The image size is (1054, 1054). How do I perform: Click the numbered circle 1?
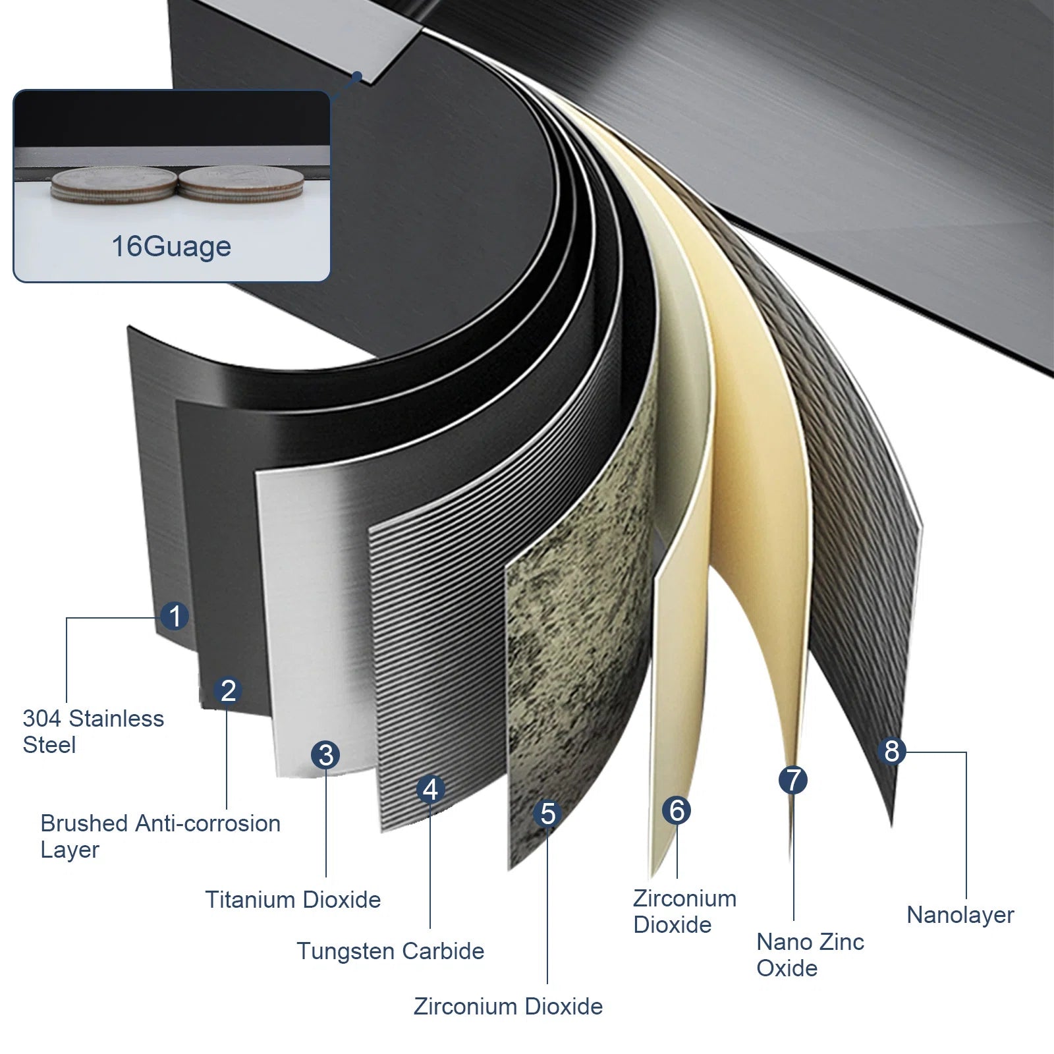click(x=175, y=617)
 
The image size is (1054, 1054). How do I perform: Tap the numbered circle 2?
click(x=228, y=690)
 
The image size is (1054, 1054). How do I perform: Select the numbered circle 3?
click(x=326, y=755)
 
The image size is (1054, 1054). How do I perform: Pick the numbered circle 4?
click(x=430, y=789)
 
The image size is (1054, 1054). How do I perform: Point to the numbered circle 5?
click(x=547, y=814)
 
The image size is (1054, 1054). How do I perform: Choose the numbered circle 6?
click(x=677, y=810)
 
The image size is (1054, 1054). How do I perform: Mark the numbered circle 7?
click(x=793, y=781)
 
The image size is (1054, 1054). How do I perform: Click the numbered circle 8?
click(x=891, y=751)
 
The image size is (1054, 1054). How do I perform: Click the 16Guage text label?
click(x=171, y=247)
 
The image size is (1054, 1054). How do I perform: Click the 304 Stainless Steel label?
click(x=93, y=732)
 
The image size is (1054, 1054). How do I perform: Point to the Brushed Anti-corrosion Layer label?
click(x=160, y=837)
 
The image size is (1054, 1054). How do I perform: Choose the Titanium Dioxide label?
click(x=292, y=900)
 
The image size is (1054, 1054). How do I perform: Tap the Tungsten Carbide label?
click(x=390, y=951)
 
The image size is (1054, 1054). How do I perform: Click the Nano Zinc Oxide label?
click(x=810, y=955)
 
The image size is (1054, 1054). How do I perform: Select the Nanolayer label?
click(x=960, y=915)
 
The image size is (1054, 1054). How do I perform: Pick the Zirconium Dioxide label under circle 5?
click(x=508, y=1007)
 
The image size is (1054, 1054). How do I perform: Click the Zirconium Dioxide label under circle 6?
click(x=684, y=912)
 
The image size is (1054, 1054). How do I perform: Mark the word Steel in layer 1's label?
click(x=49, y=746)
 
